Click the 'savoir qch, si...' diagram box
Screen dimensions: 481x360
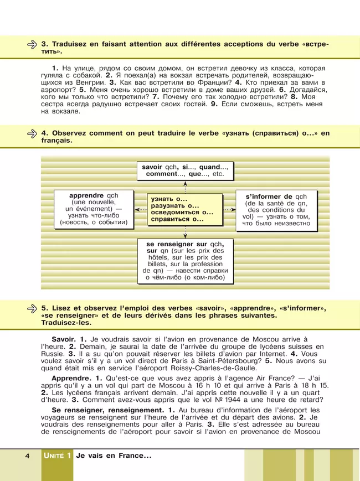coord(185,169)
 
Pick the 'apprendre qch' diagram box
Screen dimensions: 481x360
coord(94,209)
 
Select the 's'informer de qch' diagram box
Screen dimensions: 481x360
coord(277,209)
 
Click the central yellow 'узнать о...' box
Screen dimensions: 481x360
coord(185,209)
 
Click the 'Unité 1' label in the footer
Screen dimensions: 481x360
coord(57,456)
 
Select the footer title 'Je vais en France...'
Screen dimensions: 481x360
coord(114,456)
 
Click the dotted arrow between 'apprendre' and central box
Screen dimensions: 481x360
coord(140,210)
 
